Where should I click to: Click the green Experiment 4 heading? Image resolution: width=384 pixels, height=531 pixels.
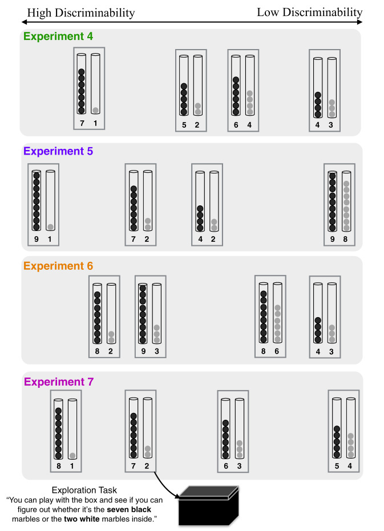58,37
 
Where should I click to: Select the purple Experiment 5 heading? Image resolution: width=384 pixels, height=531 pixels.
58,151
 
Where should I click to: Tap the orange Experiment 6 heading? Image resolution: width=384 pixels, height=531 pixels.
58,266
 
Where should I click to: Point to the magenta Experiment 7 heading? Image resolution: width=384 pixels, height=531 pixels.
59,382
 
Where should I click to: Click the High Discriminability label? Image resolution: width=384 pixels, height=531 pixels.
81,13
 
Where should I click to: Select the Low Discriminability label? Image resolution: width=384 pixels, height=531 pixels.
310,12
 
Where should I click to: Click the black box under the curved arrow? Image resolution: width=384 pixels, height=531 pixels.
209,506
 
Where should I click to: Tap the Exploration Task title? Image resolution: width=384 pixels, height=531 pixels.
84,490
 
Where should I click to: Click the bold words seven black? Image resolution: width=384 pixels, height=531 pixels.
129,509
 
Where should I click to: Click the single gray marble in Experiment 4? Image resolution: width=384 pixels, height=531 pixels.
96,111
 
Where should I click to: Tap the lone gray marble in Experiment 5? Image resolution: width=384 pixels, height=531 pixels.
50,227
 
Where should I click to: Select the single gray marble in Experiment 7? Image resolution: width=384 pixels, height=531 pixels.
72,456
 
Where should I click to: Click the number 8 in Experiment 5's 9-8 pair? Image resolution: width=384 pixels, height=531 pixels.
345,239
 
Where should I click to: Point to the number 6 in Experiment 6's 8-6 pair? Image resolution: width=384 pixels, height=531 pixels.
277,351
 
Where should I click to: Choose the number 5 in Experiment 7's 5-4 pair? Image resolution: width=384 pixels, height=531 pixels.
337,466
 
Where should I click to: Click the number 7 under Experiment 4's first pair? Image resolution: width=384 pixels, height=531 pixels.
82,123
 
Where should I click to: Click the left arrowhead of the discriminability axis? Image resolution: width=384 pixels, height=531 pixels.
24,22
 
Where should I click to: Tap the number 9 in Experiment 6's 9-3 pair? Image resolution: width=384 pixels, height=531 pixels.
143,351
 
